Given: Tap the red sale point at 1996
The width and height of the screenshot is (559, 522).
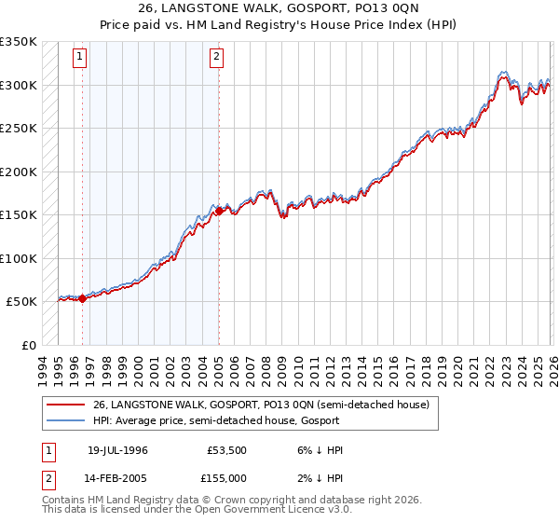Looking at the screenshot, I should coord(82,299).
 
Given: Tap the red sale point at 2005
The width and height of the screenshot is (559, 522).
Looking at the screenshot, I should coord(219,211).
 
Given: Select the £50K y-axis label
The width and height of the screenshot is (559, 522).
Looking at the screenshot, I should coord(21,302).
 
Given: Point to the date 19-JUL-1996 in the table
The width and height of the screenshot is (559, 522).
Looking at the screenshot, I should coord(117,449).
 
